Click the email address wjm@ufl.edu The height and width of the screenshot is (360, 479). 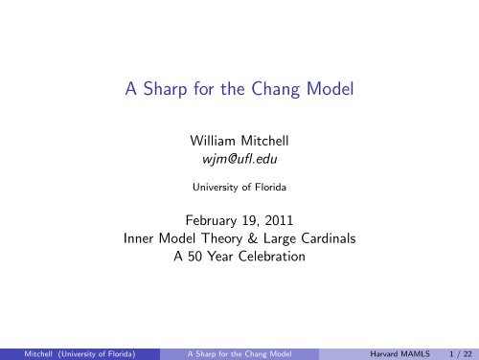[239, 160]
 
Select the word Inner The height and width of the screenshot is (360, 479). [141, 236]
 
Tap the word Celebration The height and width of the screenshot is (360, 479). [276, 255]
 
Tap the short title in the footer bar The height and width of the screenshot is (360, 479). [238, 351]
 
